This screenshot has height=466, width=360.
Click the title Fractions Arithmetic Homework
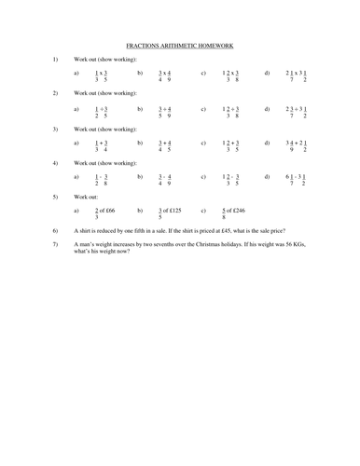point(180,45)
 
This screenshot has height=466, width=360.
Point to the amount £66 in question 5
point(115,212)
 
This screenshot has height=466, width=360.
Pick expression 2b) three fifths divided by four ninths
point(165,111)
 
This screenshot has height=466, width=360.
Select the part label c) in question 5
point(203,212)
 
